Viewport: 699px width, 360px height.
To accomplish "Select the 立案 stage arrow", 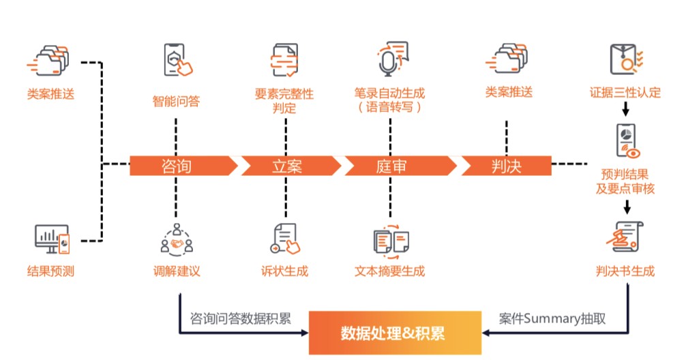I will click(x=288, y=166).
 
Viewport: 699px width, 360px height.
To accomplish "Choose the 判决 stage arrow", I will click(x=505, y=166).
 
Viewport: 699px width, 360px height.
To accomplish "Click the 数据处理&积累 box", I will click(x=393, y=333).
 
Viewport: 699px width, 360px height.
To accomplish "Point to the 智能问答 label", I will click(x=176, y=102).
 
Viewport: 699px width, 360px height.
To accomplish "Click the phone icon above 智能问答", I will click(x=177, y=60).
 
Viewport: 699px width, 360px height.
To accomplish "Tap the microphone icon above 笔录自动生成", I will click(x=391, y=59).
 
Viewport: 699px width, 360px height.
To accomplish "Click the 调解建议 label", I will click(x=177, y=271).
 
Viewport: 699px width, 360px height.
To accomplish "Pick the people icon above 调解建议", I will click(x=177, y=239).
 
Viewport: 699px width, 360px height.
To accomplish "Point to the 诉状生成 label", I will click(x=284, y=271).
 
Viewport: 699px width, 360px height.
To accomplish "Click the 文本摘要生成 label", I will click(x=390, y=271).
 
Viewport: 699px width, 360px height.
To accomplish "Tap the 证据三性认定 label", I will click(x=625, y=92).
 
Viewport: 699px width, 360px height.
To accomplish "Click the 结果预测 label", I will click(x=50, y=271).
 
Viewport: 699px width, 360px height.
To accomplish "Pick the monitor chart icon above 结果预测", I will click(x=52, y=239).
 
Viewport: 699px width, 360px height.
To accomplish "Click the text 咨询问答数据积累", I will click(x=240, y=318).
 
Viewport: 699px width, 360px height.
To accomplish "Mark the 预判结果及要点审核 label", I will click(x=625, y=181).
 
